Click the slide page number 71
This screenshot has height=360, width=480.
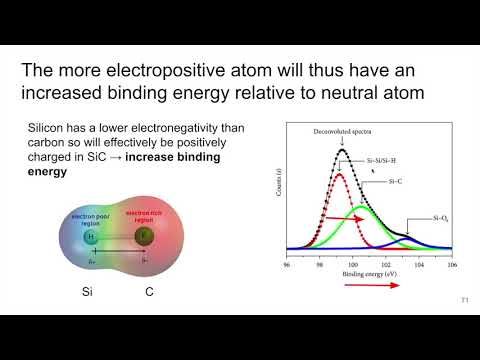464,301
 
